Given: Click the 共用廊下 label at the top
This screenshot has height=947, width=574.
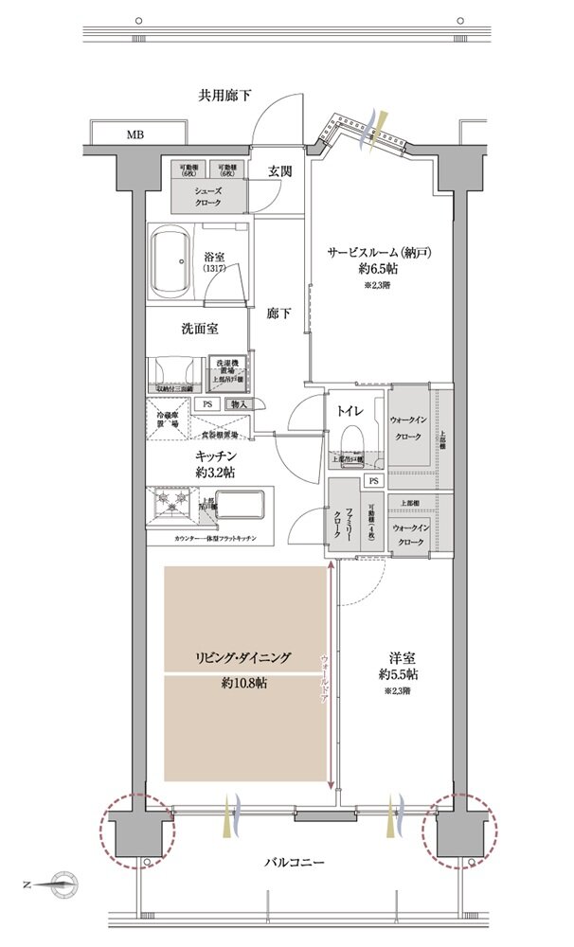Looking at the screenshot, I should point(224,95).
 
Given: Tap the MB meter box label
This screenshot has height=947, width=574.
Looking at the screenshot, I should point(135,134).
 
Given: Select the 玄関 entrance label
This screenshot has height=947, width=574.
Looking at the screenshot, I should point(279,171).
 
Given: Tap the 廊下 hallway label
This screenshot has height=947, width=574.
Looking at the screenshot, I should point(278,313).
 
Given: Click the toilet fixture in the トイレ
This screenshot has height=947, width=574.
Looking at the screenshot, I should point(352,441).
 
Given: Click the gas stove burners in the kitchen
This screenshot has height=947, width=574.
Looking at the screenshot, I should point(172,503).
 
